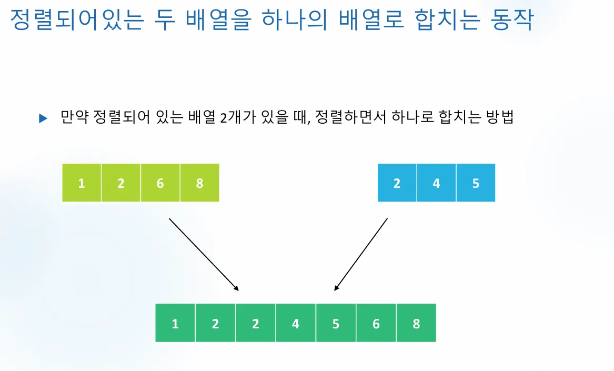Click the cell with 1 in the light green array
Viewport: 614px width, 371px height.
click(x=82, y=183)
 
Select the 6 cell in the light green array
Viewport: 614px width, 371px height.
click(x=160, y=183)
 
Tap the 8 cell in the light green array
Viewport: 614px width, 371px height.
click(x=199, y=183)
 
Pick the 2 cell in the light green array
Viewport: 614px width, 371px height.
click(x=121, y=183)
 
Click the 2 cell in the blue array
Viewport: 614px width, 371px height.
click(x=397, y=183)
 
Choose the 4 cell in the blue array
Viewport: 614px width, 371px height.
click(x=436, y=183)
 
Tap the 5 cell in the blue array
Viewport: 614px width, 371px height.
click(x=476, y=183)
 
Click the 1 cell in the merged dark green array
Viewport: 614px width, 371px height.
click(x=175, y=323)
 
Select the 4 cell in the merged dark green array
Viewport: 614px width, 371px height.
click(x=296, y=323)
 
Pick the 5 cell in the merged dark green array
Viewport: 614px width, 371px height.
click(x=336, y=323)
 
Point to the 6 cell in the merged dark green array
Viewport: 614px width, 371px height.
click(x=376, y=323)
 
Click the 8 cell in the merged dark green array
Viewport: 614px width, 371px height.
click(x=416, y=323)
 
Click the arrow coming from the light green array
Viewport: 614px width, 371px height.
click(x=204, y=254)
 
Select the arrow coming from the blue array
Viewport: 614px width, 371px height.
click(x=361, y=254)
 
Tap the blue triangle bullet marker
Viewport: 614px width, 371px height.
click(x=43, y=119)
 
